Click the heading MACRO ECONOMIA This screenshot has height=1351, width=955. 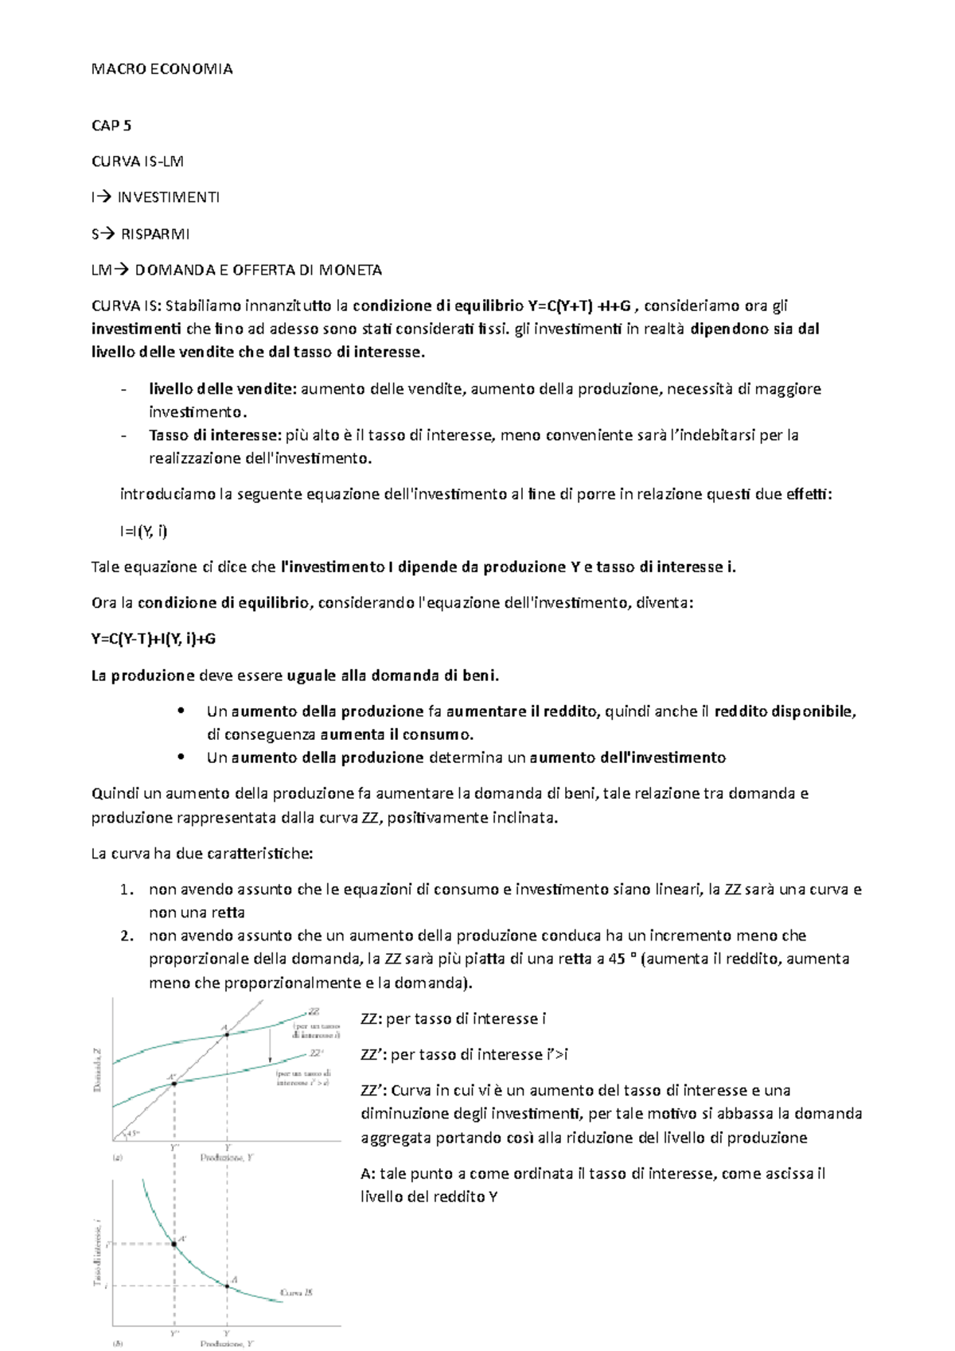click(162, 69)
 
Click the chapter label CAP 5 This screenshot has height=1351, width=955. click(111, 125)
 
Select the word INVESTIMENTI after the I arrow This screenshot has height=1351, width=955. click(168, 197)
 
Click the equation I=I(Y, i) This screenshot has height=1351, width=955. click(143, 531)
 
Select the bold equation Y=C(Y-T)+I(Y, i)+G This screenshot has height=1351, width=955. click(154, 639)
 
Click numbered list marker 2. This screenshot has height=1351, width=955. click(126, 936)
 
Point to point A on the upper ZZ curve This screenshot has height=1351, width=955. click(227, 1034)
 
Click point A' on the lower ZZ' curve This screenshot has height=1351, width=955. click(174, 1084)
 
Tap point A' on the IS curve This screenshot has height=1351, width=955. click(174, 1244)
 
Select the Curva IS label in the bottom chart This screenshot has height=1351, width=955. click(296, 1292)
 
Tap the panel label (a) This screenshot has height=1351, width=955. click(118, 1158)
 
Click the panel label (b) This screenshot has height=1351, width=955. click(118, 1344)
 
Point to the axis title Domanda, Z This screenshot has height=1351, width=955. click(98, 1070)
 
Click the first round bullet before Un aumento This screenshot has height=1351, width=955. click(181, 711)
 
